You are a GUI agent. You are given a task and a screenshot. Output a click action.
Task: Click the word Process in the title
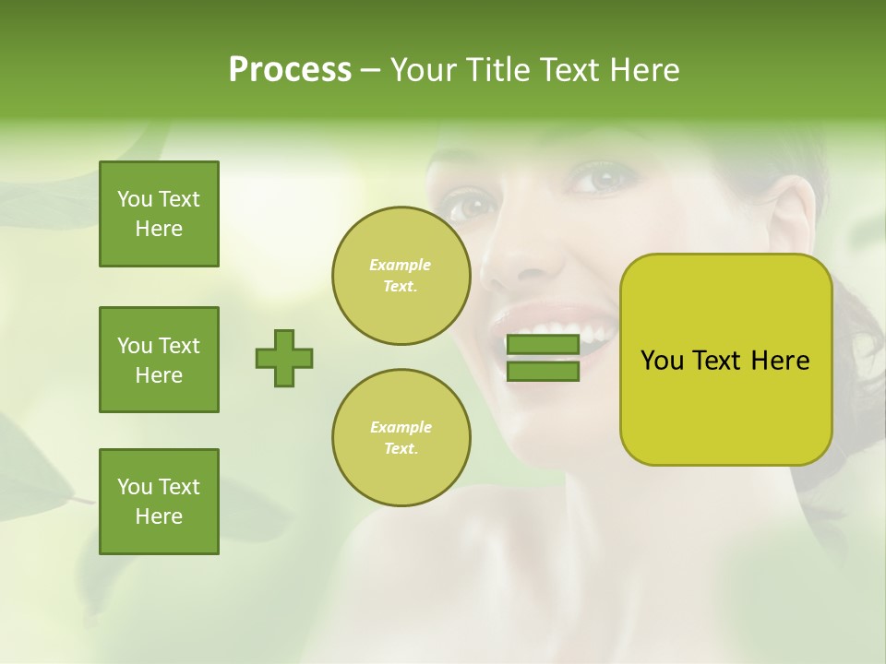click(x=290, y=70)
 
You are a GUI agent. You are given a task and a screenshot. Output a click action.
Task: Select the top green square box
click(x=159, y=214)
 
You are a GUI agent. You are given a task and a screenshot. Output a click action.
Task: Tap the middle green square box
click(x=159, y=360)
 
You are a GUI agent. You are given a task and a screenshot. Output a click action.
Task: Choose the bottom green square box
click(x=159, y=502)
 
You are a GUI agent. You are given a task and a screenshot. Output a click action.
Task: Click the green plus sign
click(x=284, y=358)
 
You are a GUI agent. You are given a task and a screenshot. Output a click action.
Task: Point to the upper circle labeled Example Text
click(x=401, y=275)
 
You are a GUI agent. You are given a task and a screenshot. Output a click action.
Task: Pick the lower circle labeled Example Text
click(x=401, y=437)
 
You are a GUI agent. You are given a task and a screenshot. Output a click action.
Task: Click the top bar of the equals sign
click(x=544, y=345)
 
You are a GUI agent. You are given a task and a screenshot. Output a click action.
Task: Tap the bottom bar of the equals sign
click(x=544, y=371)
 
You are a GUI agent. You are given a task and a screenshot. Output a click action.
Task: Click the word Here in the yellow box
click(x=780, y=361)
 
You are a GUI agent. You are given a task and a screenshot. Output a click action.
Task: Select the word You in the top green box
click(x=135, y=199)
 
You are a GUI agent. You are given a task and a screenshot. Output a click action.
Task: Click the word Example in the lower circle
click(x=401, y=427)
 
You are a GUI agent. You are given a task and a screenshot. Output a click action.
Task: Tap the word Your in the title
click(x=425, y=70)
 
